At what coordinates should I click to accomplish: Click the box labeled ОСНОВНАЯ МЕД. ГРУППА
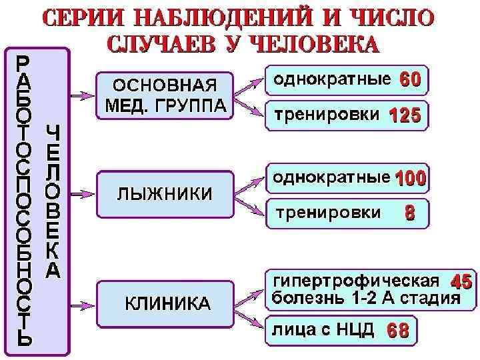(x=165, y=97)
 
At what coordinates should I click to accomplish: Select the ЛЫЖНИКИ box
(x=165, y=193)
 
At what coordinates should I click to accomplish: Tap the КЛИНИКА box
(x=165, y=304)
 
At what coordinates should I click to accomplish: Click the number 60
(x=410, y=80)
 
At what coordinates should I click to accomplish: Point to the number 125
(x=405, y=116)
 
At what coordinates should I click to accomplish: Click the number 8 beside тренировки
(x=409, y=213)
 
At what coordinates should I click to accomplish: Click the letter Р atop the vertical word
(x=23, y=62)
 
